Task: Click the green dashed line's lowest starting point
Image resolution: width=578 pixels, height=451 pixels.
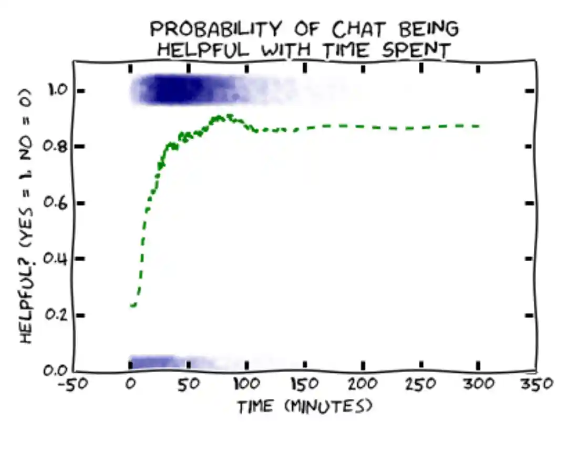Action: [132, 305]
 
